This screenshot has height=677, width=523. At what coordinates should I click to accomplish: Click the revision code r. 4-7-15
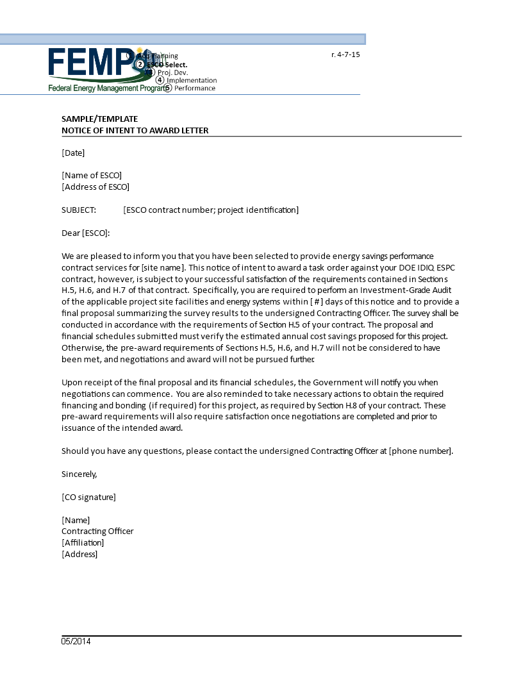(345, 54)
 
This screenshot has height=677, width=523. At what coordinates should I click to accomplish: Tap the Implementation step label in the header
(192, 80)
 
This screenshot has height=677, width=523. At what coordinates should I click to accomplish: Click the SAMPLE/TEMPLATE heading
(99, 119)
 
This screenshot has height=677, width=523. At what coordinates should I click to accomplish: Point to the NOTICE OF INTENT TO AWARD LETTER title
(135, 130)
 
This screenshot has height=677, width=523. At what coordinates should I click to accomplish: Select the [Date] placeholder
(73, 153)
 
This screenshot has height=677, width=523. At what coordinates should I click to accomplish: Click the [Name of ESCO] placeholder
(92, 175)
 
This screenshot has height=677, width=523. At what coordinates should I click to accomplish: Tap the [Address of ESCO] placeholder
(95, 187)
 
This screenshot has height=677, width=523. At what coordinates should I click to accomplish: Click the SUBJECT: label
(79, 210)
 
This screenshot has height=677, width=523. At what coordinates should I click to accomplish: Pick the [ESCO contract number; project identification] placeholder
(211, 210)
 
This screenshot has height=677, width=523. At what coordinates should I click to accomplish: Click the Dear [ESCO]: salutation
(86, 233)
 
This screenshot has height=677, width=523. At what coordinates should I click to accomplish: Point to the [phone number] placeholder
(420, 451)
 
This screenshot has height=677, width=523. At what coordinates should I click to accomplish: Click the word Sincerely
(79, 474)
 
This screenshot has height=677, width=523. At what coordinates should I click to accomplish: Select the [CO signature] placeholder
(88, 497)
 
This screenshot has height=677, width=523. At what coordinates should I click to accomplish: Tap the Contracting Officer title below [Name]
(97, 531)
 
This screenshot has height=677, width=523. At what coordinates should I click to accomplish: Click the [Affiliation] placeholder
(83, 542)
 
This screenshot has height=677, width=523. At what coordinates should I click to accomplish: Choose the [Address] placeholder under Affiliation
(79, 554)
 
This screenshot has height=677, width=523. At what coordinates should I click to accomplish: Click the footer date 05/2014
(76, 641)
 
